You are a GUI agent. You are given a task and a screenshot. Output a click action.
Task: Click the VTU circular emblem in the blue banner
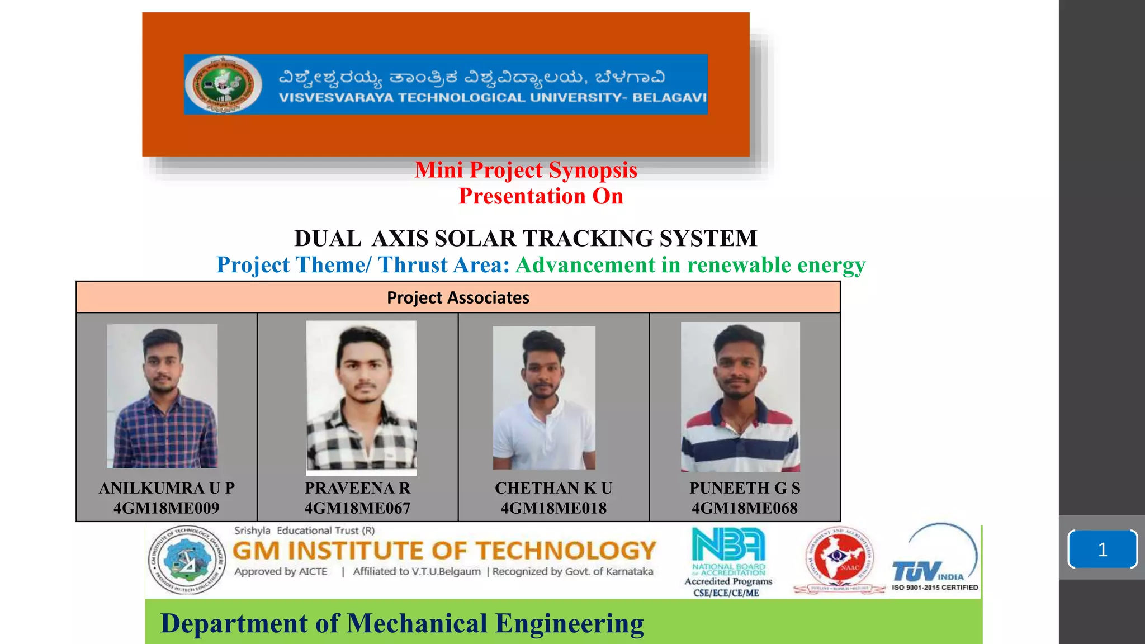tap(224, 84)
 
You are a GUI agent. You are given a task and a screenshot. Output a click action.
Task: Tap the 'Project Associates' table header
tap(458, 297)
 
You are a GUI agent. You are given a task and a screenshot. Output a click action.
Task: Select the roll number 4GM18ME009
tap(166, 508)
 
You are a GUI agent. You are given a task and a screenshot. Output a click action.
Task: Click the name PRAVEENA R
tap(357, 488)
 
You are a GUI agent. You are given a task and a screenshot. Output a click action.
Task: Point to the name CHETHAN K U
tap(553, 488)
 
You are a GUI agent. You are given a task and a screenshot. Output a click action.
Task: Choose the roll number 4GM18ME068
tap(745, 508)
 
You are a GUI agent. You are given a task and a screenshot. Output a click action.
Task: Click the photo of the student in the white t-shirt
tap(544, 397)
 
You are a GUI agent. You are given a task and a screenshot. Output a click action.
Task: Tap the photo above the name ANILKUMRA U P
tap(162, 396)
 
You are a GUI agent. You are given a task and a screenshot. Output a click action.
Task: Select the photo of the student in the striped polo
tap(740, 397)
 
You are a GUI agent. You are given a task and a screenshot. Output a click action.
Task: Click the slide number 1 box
tap(1103, 550)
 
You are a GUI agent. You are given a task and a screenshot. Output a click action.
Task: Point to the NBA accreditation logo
tap(728, 551)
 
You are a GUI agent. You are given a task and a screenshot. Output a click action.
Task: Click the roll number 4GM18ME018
tap(553, 508)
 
